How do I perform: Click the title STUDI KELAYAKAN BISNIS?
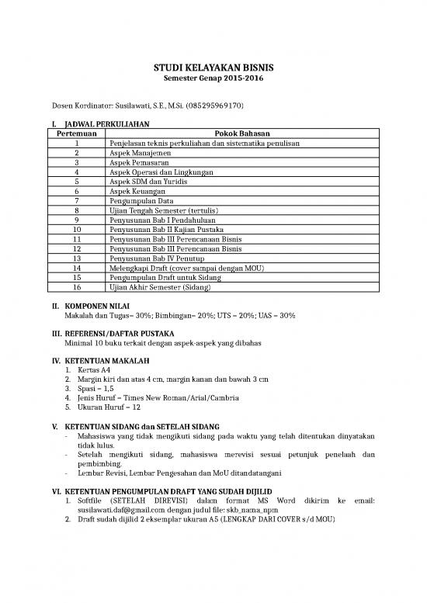[x=213, y=68]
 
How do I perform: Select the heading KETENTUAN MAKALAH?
[x=106, y=360]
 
